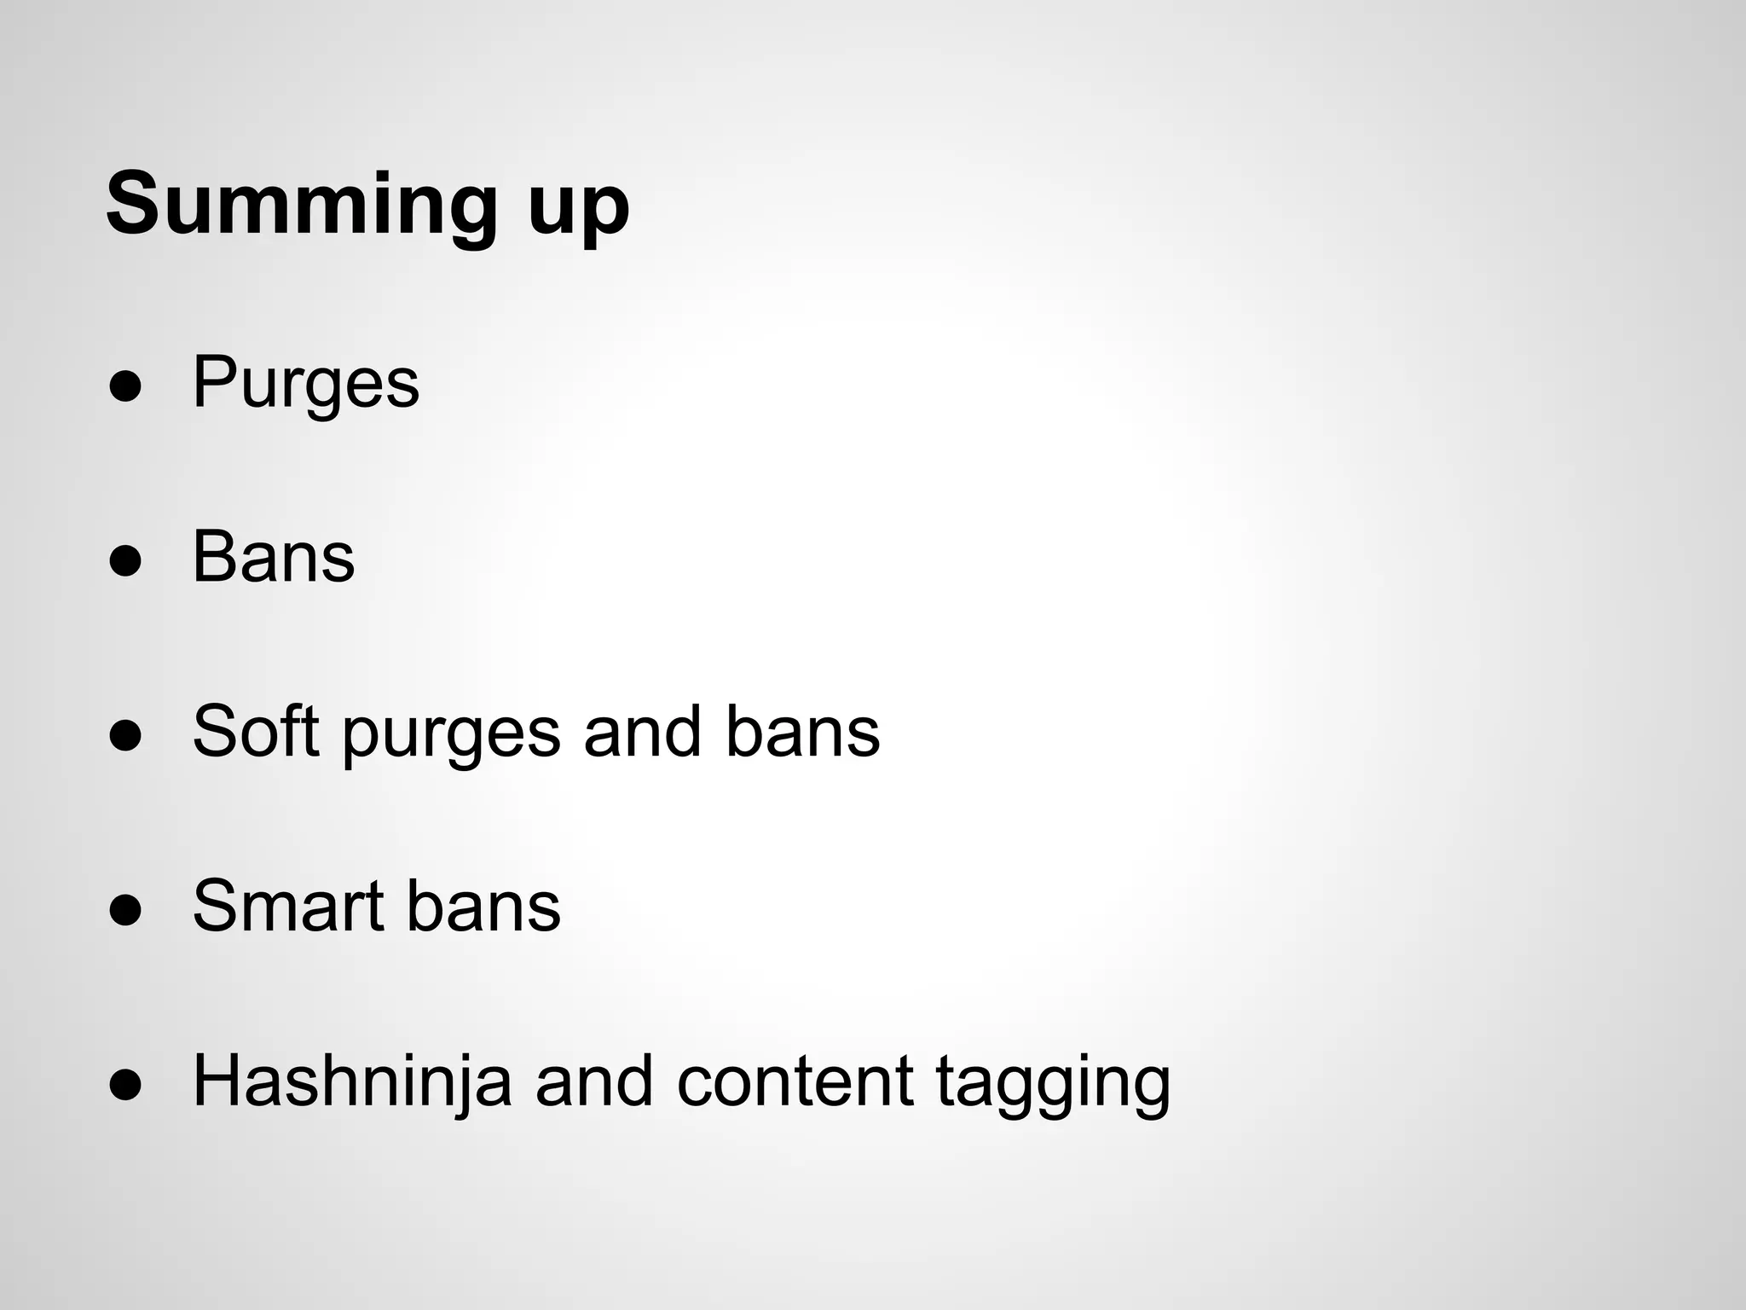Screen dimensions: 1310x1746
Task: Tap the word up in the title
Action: [577, 209]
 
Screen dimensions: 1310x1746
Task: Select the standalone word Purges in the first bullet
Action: [305, 384]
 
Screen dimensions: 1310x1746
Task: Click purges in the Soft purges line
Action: [452, 735]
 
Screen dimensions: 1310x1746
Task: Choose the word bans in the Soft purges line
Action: [802, 731]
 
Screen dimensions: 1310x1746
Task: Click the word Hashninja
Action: [352, 1082]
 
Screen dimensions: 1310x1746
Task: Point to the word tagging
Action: [1053, 1085]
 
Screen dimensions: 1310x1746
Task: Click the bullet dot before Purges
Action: [124, 387]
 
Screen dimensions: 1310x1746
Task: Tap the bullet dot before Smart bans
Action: [124, 910]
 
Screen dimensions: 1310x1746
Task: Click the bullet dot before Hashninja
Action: [124, 1085]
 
